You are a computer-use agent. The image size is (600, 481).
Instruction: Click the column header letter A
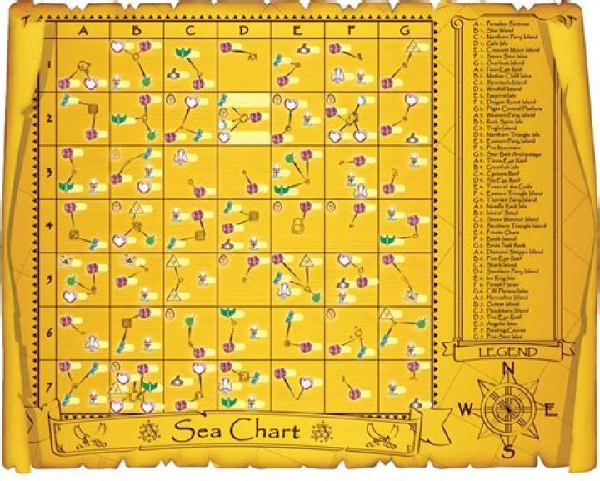(x=83, y=31)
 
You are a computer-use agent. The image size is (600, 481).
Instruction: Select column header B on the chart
(x=137, y=31)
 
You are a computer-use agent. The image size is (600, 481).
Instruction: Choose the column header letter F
(x=351, y=31)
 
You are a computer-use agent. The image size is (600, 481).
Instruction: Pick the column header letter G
(x=405, y=31)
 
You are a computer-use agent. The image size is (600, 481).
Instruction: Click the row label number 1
(x=49, y=65)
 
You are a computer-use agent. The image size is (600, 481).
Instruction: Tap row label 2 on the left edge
(x=49, y=118)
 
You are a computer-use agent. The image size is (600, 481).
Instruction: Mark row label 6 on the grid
(x=49, y=333)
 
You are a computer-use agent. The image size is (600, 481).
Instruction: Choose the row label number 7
(x=49, y=386)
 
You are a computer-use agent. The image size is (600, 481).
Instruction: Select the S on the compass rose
(x=508, y=451)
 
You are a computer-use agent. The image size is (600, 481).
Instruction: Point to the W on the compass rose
(x=465, y=409)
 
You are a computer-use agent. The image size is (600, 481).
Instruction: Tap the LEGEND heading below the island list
(x=508, y=352)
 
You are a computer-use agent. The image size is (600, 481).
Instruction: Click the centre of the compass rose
(x=507, y=408)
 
